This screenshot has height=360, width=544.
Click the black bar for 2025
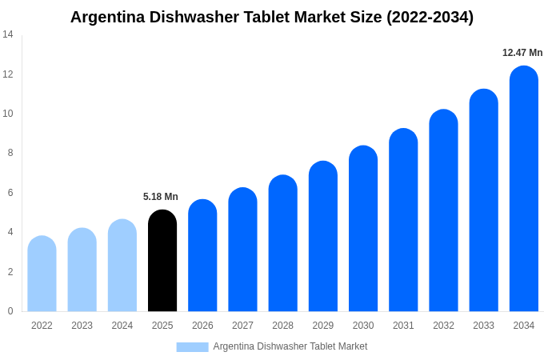click(162, 261)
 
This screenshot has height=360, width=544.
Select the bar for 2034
click(523, 189)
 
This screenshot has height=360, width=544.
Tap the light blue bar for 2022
click(42, 274)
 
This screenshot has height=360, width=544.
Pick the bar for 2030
click(363, 229)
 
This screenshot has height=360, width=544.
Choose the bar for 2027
click(242, 250)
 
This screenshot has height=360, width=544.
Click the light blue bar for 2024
click(122, 266)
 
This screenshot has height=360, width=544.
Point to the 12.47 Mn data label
click(522, 53)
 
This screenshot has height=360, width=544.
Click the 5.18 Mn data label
click(161, 197)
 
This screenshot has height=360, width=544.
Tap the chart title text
click(272, 17)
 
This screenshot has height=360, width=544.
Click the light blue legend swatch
click(192, 346)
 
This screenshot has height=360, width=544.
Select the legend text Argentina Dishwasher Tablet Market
click(290, 346)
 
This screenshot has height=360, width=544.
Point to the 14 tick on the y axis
click(8, 34)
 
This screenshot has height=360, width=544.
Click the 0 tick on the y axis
click(10, 311)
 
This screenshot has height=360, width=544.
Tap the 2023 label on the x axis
click(82, 326)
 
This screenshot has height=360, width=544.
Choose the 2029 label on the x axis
click(322, 326)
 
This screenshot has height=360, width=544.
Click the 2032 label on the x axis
click(443, 326)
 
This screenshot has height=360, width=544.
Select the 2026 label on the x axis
click(202, 326)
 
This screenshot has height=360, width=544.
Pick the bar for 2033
click(483, 200)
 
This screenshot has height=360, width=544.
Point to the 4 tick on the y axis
click(10, 232)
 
